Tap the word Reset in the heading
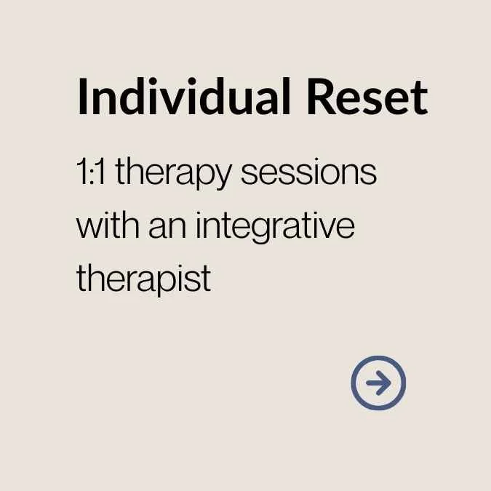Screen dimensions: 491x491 (x=367, y=97)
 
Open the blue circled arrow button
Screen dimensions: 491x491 (x=378, y=383)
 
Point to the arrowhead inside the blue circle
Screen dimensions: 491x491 (x=383, y=383)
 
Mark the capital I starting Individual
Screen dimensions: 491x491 (x=82, y=97)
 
